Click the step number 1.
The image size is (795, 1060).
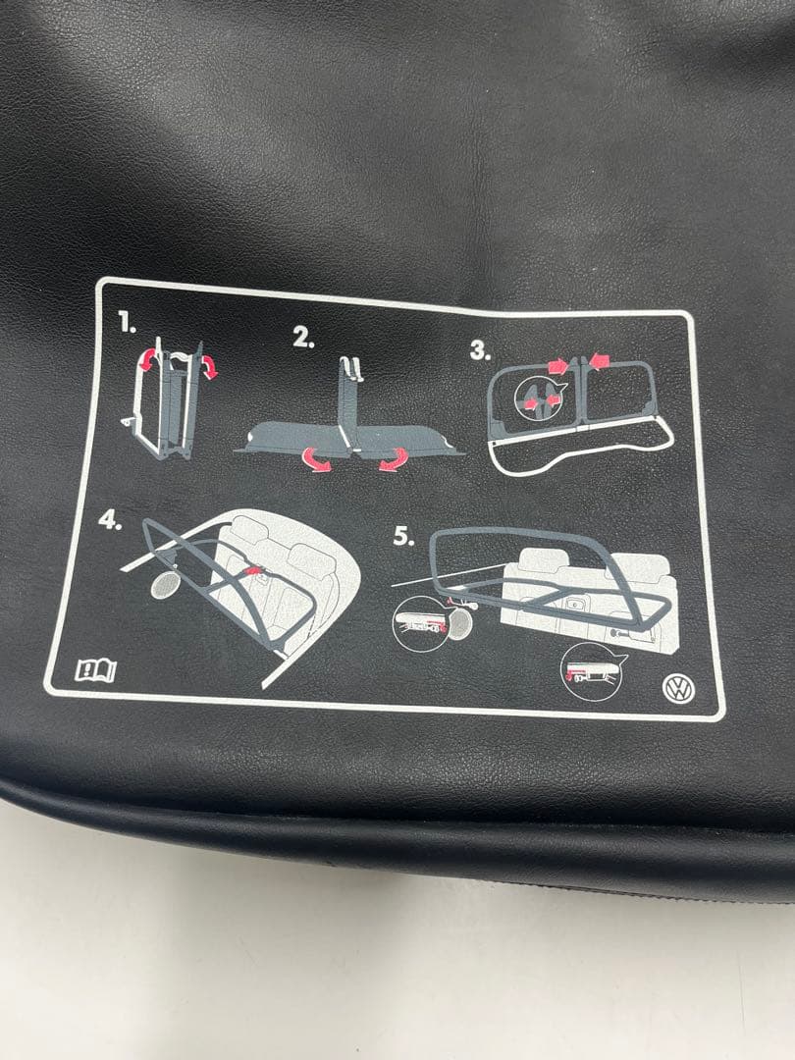[x=127, y=323]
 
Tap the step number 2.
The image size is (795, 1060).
[x=303, y=338]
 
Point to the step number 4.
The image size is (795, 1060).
[x=110, y=520]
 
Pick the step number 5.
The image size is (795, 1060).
[x=403, y=536]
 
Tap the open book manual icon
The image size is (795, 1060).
[x=95, y=670]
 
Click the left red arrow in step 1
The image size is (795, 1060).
[x=147, y=360]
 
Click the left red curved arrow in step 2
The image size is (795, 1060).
[x=317, y=459]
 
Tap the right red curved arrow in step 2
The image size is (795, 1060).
[x=394, y=459]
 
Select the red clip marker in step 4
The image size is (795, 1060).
[x=253, y=571]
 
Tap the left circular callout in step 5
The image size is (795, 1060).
[x=420, y=623]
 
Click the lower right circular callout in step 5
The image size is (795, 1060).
[x=592, y=671]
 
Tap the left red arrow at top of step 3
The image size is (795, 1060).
[x=559, y=366]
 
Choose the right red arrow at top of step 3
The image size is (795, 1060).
[x=599, y=359]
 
